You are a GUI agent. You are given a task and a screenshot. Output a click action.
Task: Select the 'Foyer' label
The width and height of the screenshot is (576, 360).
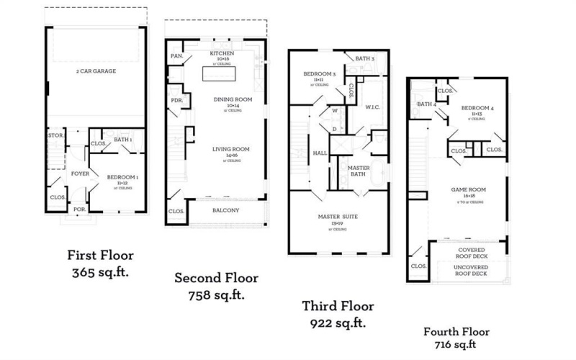[x=79, y=174]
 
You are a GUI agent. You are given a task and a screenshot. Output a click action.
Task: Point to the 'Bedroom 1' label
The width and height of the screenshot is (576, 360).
[x=123, y=176]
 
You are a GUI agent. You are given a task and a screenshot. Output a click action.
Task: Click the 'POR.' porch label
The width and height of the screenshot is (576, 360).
[x=79, y=210]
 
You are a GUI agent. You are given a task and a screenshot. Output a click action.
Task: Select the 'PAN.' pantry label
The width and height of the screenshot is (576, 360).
[x=176, y=55]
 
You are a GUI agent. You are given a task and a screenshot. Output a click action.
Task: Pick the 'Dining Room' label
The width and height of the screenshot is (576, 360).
[x=227, y=99]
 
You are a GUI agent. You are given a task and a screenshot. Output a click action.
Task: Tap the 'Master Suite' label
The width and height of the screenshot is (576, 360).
[x=337, y=217]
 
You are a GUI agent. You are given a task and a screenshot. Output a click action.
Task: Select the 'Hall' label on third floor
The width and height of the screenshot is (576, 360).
[x=320, y=153]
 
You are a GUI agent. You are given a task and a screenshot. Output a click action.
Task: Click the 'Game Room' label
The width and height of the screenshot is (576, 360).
[x=468, y=190]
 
